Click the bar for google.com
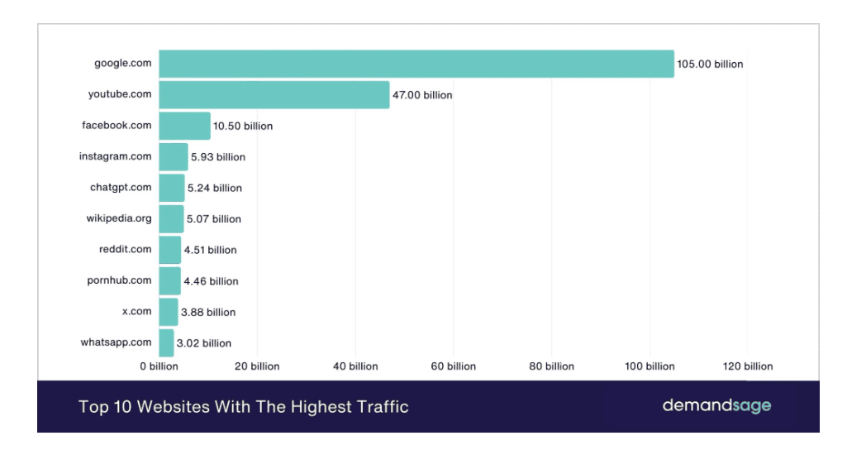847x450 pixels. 416,64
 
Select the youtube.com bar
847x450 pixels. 274,95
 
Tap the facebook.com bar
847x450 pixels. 184,126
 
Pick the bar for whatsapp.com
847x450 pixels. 166,342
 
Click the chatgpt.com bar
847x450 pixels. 171,188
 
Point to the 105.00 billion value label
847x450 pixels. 710,65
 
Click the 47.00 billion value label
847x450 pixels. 422,95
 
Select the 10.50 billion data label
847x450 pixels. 243,127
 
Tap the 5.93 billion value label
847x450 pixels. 218,157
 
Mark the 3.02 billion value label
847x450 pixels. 204,343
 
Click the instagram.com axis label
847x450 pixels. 115,156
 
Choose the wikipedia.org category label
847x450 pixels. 119,218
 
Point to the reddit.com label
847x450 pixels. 125,249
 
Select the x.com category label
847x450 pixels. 136,311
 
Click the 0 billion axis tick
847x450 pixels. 159,366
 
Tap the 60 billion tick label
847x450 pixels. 454,366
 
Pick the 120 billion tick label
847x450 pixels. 747,366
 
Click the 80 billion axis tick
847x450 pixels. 552,366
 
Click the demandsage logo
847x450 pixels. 716,406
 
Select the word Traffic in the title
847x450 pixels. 380,407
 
